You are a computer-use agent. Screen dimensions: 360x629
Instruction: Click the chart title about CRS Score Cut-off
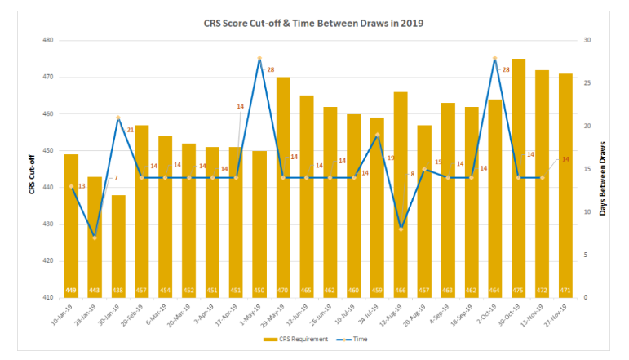click(x=314, y=23)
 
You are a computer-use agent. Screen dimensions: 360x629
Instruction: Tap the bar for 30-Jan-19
click(x=118, y=245)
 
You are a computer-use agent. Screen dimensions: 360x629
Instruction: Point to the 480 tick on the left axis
click(x=48, y=40)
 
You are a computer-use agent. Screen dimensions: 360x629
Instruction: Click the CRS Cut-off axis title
click(x=32, y=169)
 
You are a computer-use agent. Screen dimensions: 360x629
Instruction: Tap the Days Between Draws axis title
click(x=603, y=169)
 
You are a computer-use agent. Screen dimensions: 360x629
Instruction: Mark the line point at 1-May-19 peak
click(x=259, y=58)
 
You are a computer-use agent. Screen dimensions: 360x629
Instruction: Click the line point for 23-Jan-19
click(x=95, y=238)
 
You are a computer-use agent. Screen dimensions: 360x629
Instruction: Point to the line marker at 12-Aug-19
click(x=401, y=229)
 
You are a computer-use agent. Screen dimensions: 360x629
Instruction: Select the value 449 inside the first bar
click(x=71, y=291)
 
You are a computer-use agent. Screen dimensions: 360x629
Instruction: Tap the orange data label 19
click(x=391, y=158)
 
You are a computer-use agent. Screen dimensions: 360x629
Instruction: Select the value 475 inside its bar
click(x=518, y=291)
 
